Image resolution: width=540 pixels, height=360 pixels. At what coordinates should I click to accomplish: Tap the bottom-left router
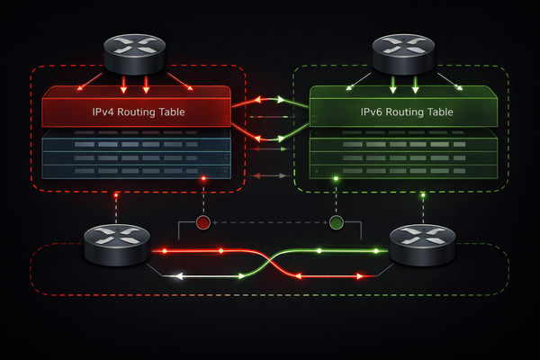tap(115, 246)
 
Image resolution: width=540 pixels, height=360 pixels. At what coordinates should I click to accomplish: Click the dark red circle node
tap(204, 222)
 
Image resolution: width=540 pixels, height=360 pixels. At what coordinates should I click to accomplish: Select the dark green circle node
tap(337, 222)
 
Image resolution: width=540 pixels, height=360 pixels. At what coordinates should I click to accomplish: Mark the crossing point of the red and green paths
tap(269, 263)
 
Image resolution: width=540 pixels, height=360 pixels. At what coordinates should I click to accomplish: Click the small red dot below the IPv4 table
tap(204, 179)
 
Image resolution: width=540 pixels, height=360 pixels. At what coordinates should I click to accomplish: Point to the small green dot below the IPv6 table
tap(337, 179)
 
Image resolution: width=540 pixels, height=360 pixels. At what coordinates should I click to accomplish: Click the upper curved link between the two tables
tap(269, 100)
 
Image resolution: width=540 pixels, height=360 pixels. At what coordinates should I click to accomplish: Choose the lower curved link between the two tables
tap(269, 138)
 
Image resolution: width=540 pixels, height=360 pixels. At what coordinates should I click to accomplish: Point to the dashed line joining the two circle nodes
tap(270, 222)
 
